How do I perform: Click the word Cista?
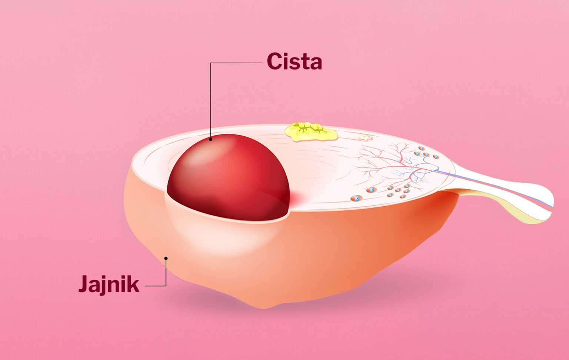[x=295, y=61]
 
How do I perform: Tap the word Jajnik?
[x=109, y=285]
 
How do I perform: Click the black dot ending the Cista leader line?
[x=210, y=139]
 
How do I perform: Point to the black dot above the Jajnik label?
[x=166, y=258]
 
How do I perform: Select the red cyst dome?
[x=228, y=177]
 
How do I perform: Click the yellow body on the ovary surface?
[x=311, y=132]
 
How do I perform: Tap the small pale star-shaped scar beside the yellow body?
[x=365, y=138]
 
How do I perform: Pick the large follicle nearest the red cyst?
[x=356, y=198]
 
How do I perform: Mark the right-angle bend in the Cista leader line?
[x=210, y=63]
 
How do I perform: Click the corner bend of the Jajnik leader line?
[x=166, y=286]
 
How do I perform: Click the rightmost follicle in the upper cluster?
[x=436, y=157]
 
